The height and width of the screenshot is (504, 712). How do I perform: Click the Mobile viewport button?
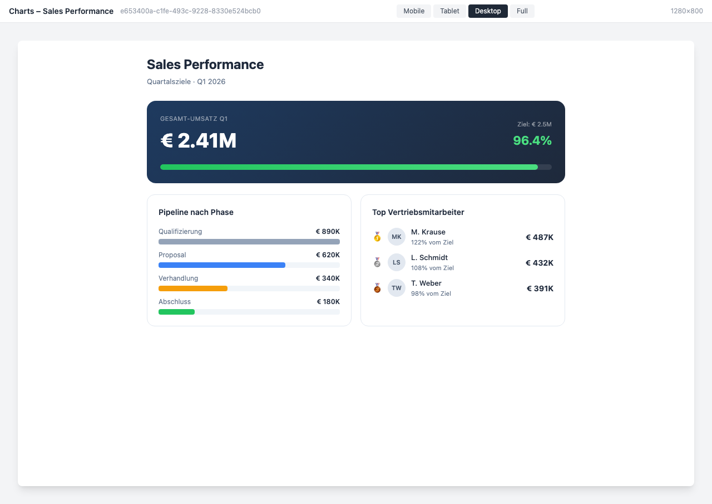[x=414, y=11]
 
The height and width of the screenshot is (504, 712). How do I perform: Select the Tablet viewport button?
[x=449, y=11]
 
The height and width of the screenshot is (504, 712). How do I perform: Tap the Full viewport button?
[x=522, y=11]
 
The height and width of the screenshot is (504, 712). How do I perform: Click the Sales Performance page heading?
[x=205, y=65]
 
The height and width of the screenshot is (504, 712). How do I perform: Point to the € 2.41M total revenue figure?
[x=199, y=140]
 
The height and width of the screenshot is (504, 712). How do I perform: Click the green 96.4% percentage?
[x=532, y=140]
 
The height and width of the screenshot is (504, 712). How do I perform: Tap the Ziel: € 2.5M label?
[x=534, y=124]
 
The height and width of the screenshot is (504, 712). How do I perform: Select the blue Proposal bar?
[x=221, y=265]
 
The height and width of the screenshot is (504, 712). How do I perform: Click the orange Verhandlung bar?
[x=192, y=288]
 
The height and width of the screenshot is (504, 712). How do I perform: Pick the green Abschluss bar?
[x=176, y=312]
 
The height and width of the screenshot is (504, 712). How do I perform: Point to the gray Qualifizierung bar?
[x=249, y=242]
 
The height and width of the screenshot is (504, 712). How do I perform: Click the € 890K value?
[x=328, y=232]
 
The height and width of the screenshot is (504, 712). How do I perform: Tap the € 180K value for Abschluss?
[x=328, y=302]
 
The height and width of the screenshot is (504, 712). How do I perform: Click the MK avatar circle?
[x=397, y=237]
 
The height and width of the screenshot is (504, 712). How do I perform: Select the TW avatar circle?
[x=397, y=288]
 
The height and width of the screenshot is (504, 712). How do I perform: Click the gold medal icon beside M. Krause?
[x=377, y=237]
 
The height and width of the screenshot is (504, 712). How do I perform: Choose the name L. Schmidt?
[x=429, y=257]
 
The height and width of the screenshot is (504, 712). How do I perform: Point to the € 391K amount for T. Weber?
[x=540, y=288]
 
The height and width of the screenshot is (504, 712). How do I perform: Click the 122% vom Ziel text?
[x=432, y=242]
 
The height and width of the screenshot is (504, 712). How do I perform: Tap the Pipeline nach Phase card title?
[x=196, y=212]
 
